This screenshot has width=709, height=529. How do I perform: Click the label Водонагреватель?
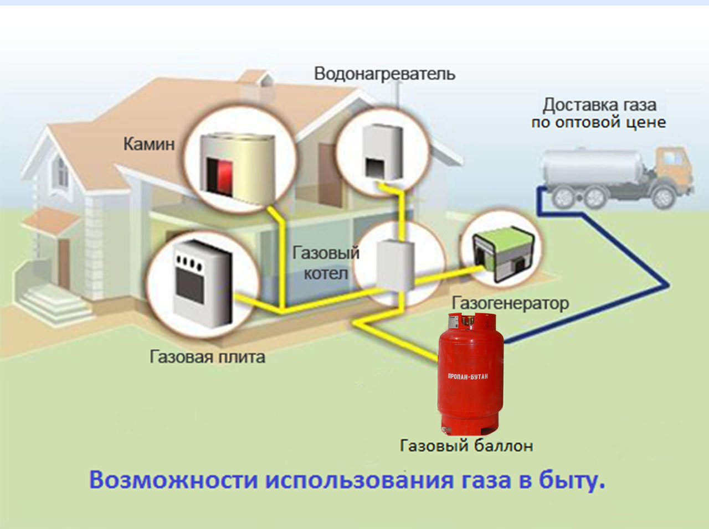pos(384,74)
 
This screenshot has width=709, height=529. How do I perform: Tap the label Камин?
pos(148,144)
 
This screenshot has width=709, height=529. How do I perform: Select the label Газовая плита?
pos(207,356)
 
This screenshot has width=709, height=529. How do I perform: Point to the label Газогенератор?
pos(510,303)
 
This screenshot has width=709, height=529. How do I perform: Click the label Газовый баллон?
pos(466,445)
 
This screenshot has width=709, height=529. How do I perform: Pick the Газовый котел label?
pos(326,263)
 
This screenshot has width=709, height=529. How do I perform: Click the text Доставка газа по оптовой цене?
pos(599,113)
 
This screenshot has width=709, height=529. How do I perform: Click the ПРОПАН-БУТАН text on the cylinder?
pos(468,376)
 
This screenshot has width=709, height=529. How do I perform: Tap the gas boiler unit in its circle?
pos(395,265)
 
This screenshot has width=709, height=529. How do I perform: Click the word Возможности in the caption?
pos(173,480)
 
